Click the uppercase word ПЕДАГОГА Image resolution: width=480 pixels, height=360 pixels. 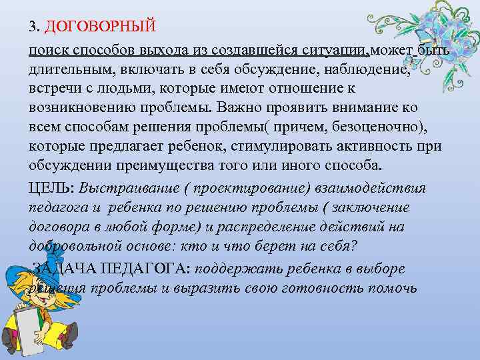pyautogui.click(x=145, y=269)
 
